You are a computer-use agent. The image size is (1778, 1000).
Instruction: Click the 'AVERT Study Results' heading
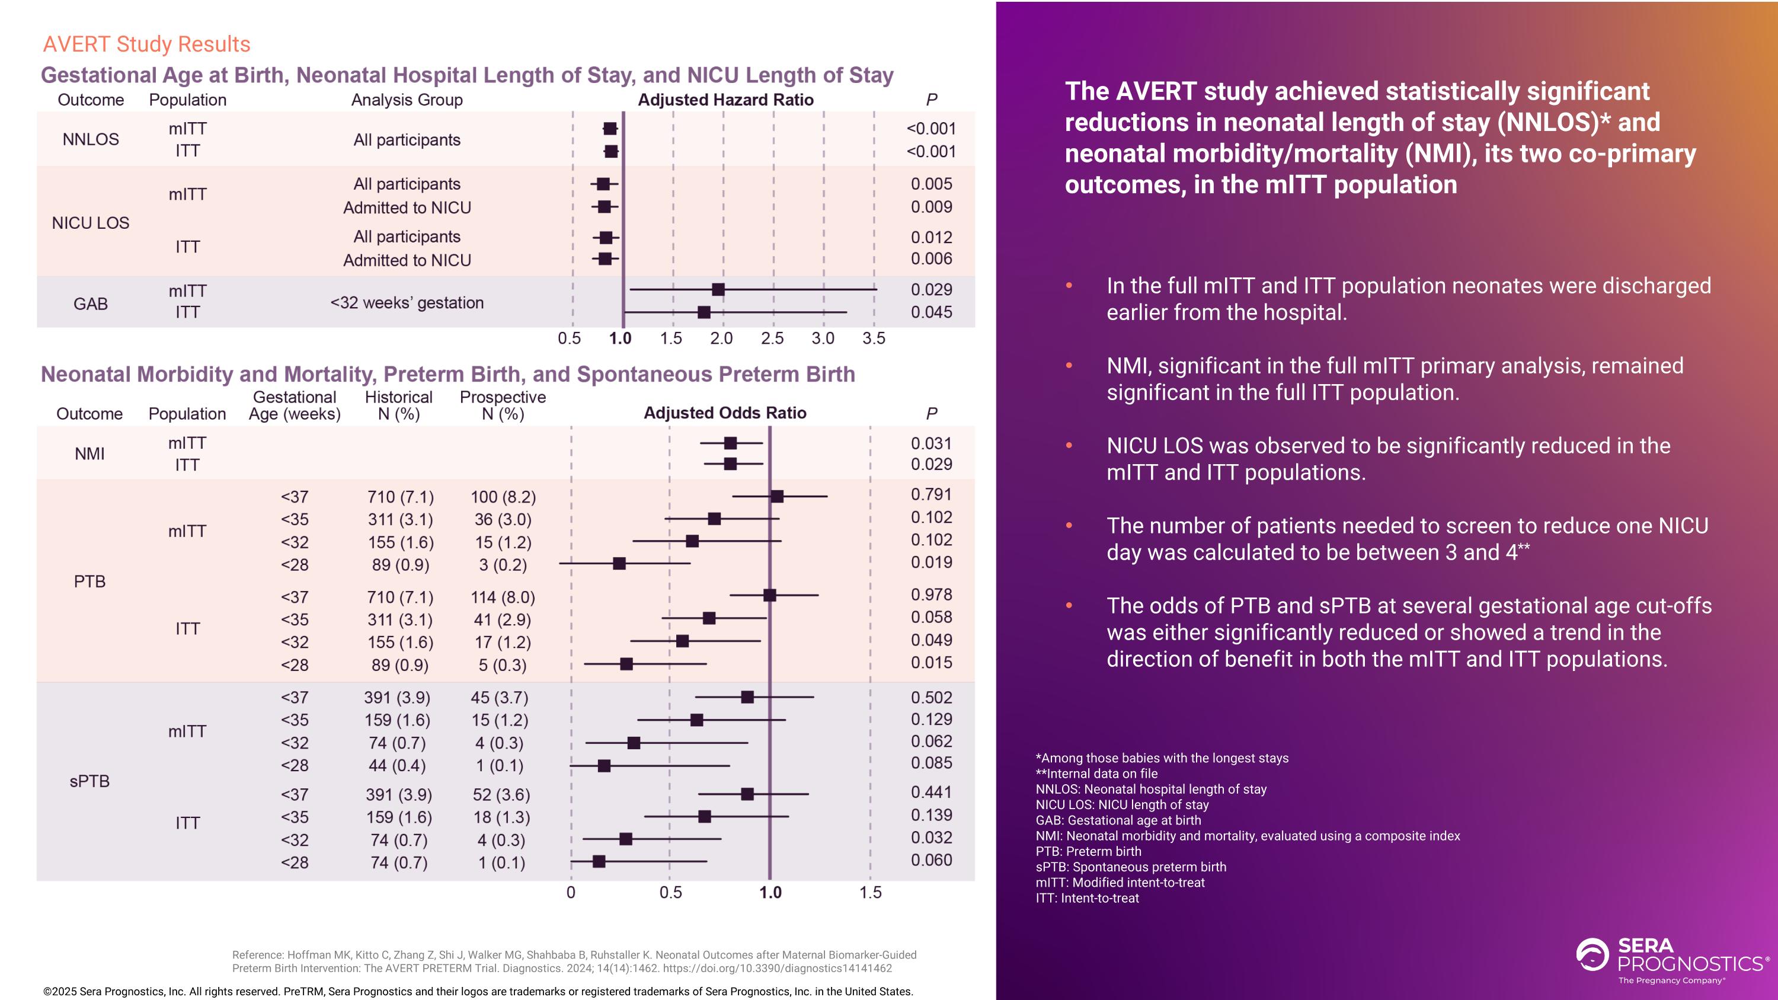pyautogui.click(x=146, y=44)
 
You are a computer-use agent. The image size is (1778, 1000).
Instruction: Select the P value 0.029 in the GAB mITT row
pyautogui.click(x=931, y=290)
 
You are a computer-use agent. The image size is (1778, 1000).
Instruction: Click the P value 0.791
pyautogui.click(x=931, y=495)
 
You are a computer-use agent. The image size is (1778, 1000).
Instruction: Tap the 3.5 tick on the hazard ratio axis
pyautogui.click(x=874, y=338)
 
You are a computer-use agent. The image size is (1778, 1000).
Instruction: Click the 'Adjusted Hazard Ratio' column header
pyautogui.click(x=725, y=100)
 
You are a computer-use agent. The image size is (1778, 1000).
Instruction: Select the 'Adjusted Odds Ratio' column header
pyautogui.click(x=725, y=413)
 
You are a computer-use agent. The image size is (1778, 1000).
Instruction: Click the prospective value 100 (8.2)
pyautogui.click(x=503, y=497)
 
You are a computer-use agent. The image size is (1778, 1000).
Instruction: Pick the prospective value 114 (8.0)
pyautogui.click(x=503, y=597)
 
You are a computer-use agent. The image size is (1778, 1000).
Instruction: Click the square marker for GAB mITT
pyautogui.click(x=718, y=290)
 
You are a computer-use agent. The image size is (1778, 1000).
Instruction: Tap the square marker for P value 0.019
pyautogui.click(x=619, y=564)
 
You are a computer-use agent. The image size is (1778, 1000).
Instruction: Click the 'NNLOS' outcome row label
pyautogui.click(x=91, y=139)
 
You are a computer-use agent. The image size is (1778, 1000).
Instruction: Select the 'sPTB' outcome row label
pyautogui.click(x=89, y=781)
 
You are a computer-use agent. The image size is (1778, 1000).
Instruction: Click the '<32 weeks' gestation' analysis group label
pyautogui.click(x=407, y=303)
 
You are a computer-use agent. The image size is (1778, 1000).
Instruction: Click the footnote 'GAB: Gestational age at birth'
pyautogui.click(x=1118, y=820)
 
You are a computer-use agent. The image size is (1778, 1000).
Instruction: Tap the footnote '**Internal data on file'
pyautogui.click(x=1097, y=774)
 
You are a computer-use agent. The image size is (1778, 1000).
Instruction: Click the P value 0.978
pyautogui.click(x=931, y=595)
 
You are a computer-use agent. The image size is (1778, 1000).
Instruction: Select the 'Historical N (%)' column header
pyautogui.click(x=398, y=406)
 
